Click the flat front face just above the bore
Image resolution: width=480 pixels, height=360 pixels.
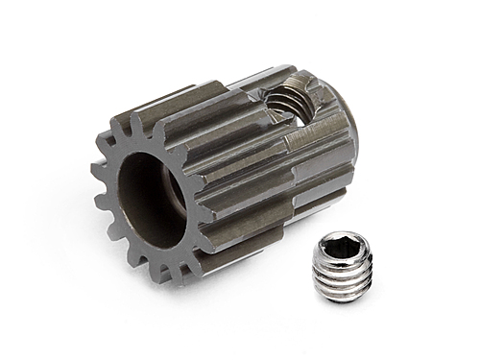point(154,134)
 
